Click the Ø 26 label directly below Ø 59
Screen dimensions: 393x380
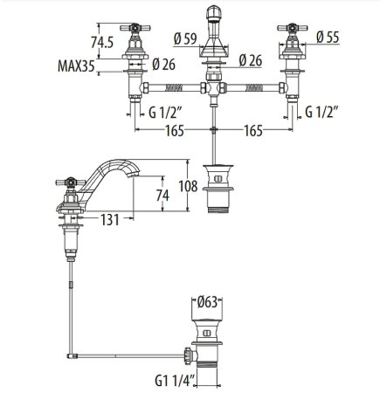251,60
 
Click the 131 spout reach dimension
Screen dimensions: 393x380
99,222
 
